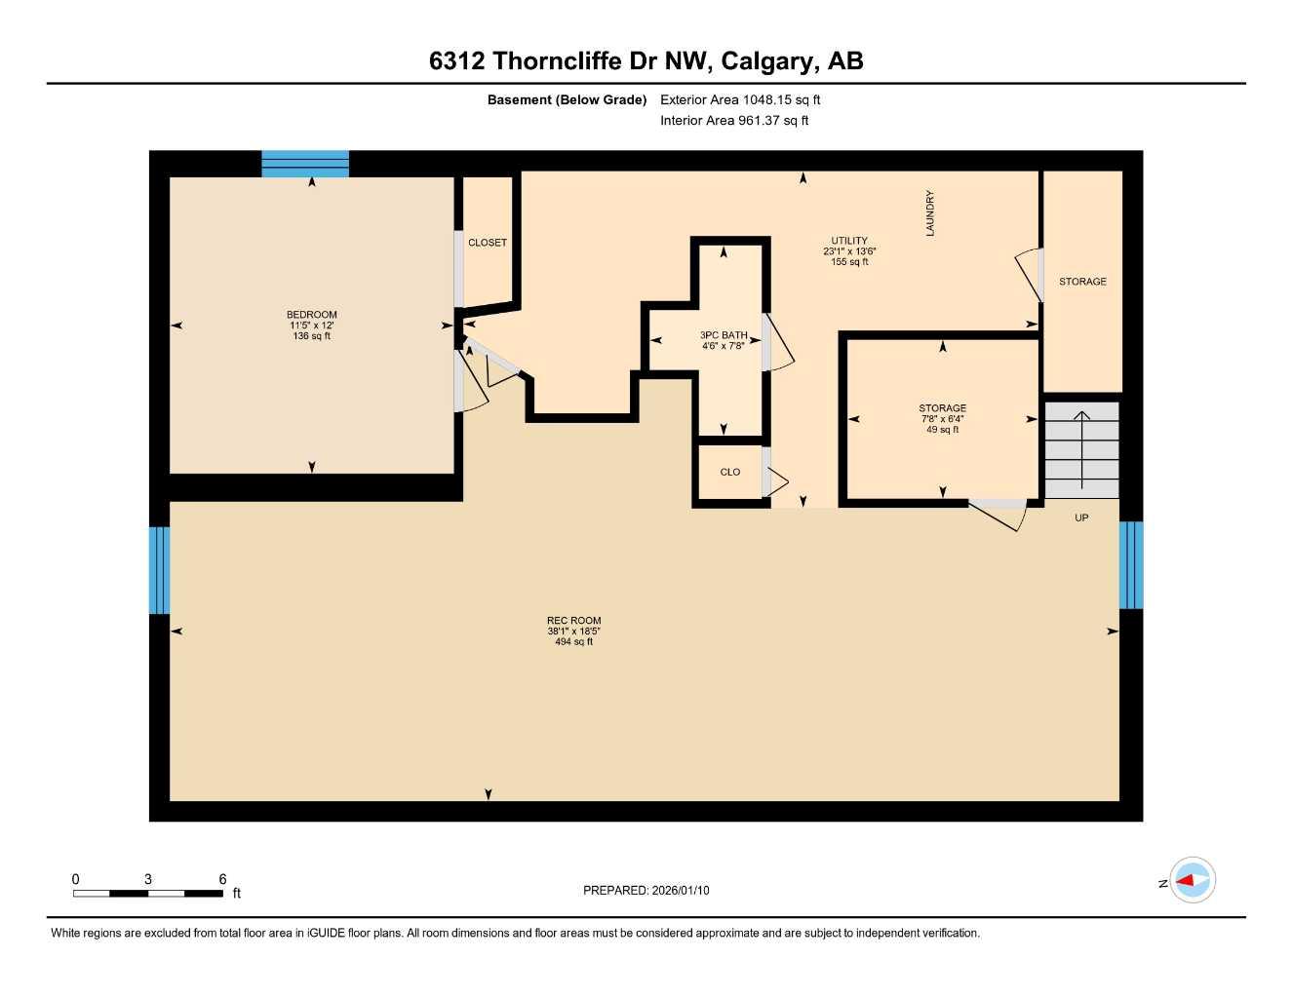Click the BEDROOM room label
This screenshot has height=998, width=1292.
coord(312,315)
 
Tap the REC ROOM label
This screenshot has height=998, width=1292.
coord(573,621)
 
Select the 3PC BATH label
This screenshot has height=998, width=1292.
coord(724,335)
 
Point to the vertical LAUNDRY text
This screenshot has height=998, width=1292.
coord(930,212)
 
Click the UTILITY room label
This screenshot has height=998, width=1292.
coord(849,241)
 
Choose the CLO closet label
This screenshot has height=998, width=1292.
coord(730,472)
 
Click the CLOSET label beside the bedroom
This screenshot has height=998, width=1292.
coord(488,243)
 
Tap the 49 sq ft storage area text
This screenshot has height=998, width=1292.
coord(943,430)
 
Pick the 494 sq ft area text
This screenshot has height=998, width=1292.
coord(573,642)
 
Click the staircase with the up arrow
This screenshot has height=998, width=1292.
coord(1081,449)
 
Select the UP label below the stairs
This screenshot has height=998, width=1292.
coord(1081,518)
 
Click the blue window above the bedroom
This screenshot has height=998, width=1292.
coord(305,164)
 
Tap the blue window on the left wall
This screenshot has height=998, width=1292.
coord(159,570)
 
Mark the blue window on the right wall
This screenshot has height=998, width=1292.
coord(1131,565)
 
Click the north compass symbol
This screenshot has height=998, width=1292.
coord(1192,881)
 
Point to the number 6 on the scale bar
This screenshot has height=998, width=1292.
coord(223,879)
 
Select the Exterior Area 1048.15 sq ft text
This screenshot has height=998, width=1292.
coord(740,99)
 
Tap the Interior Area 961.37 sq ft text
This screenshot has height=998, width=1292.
coord(734,121)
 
